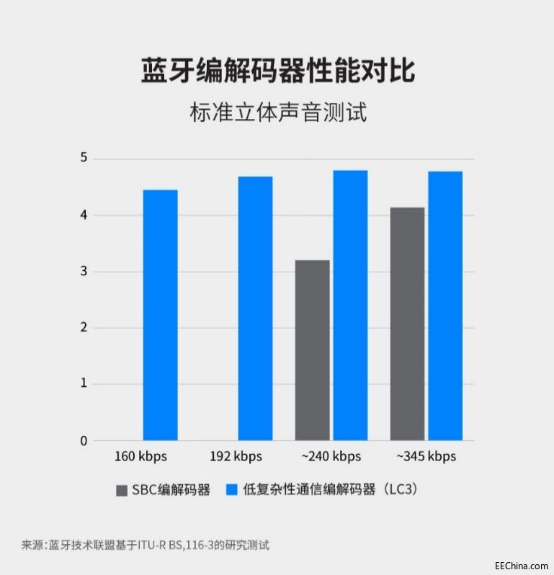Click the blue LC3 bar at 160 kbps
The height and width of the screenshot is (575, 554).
point(160,315)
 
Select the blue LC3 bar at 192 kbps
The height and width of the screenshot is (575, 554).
point(255,308)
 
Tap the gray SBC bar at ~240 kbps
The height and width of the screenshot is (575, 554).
point(312,350)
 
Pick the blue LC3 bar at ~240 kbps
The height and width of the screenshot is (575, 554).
point(350,305)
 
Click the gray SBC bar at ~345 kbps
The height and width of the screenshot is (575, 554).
point(407,324)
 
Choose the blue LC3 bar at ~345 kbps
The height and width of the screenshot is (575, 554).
point(445,306)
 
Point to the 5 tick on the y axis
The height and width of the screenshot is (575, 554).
point(83,159)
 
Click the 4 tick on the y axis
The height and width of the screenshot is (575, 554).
point(83,215)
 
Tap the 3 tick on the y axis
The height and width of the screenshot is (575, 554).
point(83,272)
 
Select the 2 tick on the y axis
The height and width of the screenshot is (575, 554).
point(83,328)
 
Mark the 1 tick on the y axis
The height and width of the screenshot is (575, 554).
point(83,384)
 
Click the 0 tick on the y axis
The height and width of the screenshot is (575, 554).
point(83,440)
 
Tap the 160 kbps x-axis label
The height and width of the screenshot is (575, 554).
point(140,457)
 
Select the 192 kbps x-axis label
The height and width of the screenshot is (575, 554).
point(236,457)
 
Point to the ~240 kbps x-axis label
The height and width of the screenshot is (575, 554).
point(331,457)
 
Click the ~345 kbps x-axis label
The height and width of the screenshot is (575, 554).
point(426,457)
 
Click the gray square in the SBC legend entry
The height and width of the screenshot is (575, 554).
point(122,490)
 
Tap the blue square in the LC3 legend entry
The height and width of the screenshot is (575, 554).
point(232,490)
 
